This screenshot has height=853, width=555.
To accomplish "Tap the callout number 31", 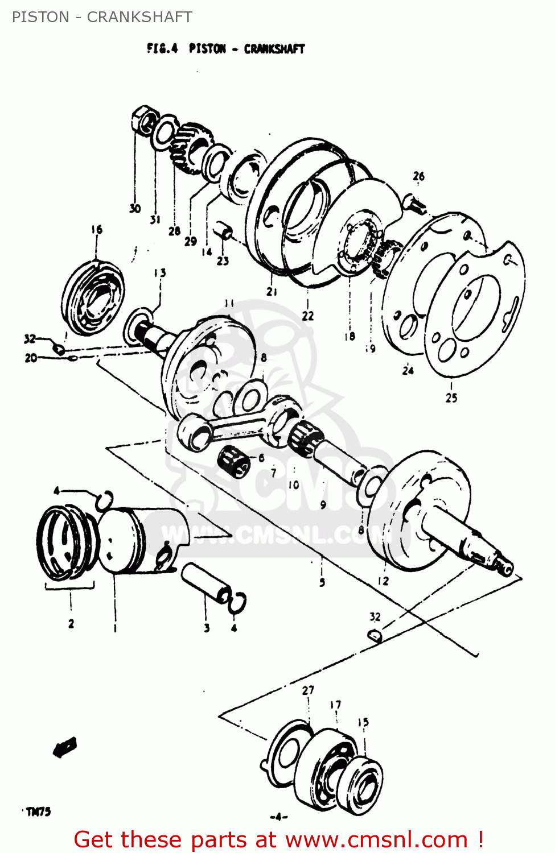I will coord(155,220).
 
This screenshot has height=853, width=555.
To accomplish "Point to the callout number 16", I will coord(97,229).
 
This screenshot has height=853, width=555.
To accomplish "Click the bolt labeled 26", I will coord(414,202).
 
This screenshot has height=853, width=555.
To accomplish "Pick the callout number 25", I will coord(451,398).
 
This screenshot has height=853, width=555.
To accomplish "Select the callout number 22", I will coord(308,316).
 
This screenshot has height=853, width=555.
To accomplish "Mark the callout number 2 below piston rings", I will coord(71,624).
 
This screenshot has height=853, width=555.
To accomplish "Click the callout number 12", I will coord(383,581).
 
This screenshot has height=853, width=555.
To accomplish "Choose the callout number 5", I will coord(322,582).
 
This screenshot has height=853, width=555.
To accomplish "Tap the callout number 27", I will coord(308,690).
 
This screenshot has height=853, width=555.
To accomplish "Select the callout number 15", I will coord(363,722).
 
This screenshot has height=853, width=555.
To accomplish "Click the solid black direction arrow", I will coord(65,747).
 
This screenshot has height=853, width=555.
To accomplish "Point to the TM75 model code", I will coord(38,811).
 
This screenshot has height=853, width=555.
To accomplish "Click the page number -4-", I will coord(278,818).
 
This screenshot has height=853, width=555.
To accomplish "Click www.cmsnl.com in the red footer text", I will coord(376,840).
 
